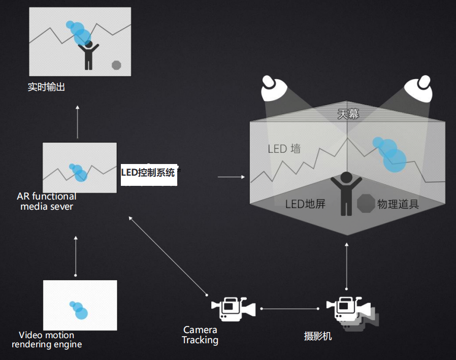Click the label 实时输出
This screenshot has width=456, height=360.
(46, 87)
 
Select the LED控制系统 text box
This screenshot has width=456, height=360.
(148, 172)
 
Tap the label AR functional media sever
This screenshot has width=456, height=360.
(47, 201)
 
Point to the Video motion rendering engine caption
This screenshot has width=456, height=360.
(46, 340)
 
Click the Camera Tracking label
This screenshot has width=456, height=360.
(200, 335)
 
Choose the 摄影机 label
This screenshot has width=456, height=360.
(318, 336)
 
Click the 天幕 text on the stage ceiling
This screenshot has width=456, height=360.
(348, 114)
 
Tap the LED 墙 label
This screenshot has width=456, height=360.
(284, 149)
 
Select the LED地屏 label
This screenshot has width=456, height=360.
(305, 205)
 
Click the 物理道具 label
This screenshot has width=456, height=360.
(398, 205)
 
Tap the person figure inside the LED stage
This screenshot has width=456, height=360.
(346, 193)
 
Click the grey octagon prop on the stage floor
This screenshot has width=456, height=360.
(366, 203)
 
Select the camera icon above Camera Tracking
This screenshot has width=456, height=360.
(233, 308)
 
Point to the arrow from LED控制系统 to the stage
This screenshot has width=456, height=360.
(231, 177)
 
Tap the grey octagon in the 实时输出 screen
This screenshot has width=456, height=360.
(116, 64)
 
